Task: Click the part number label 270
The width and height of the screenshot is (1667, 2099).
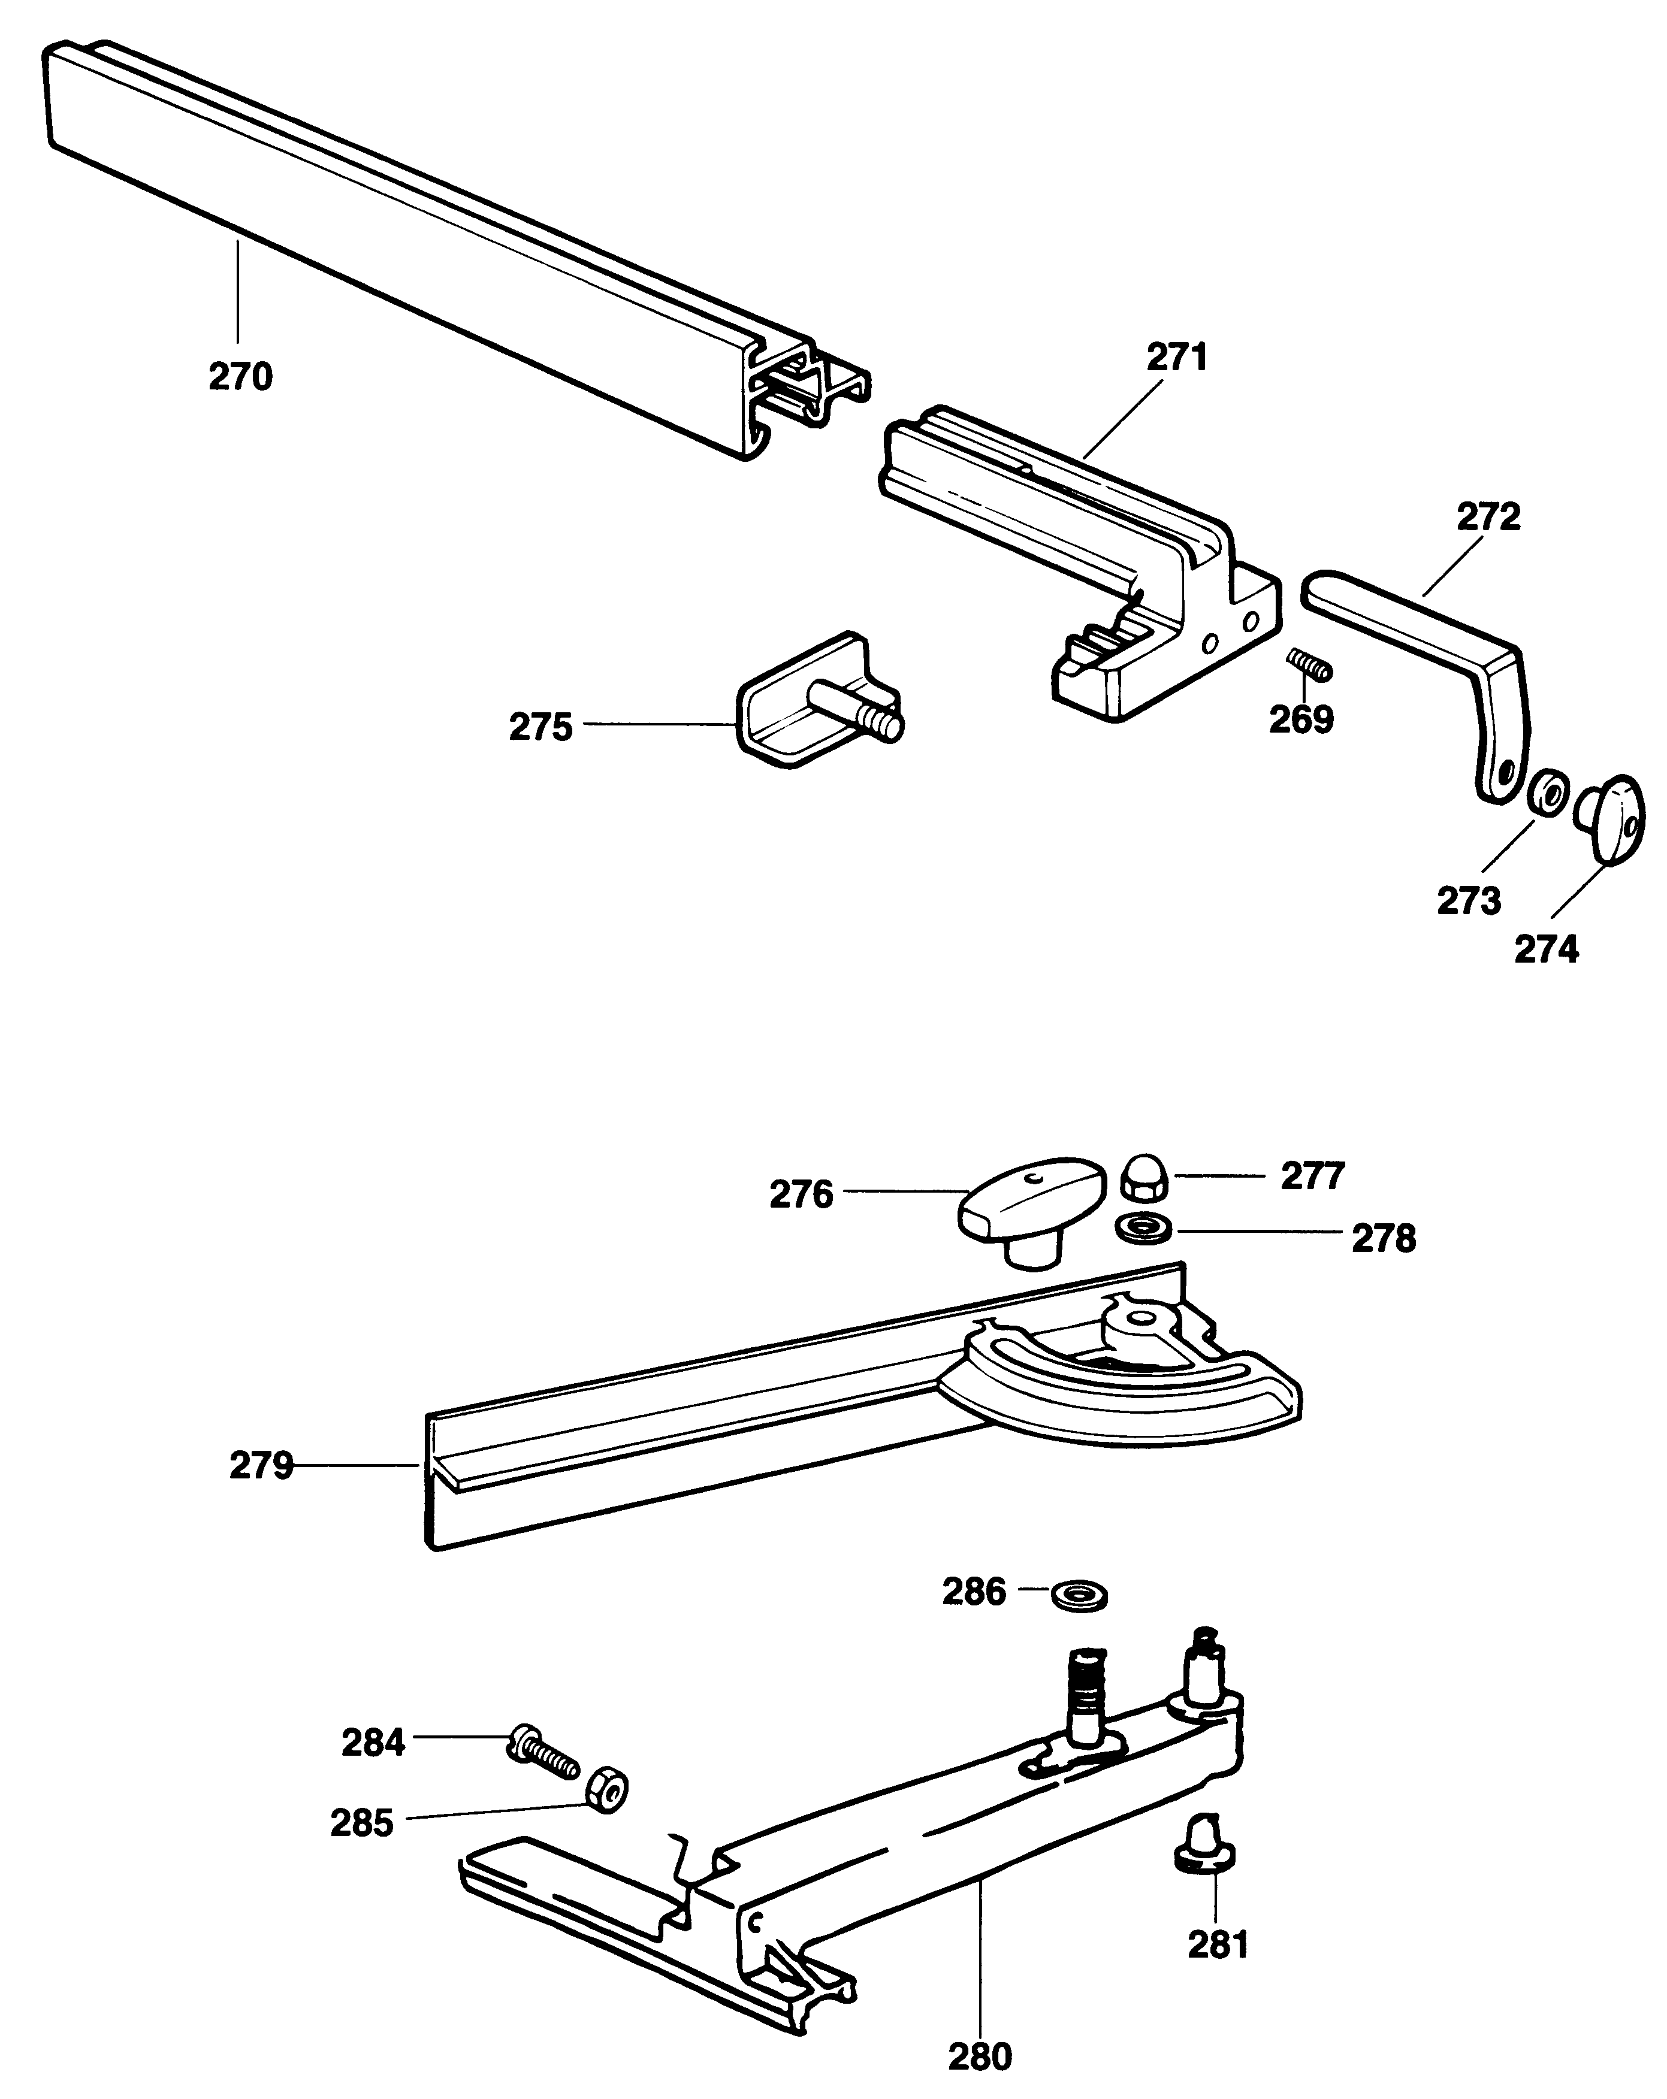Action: point(240,377)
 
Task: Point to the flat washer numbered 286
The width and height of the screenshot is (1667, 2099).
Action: point(1079,1595)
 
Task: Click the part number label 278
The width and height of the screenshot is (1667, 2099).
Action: point(1384,1238)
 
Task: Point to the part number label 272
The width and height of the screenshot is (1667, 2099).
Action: point(1489,516)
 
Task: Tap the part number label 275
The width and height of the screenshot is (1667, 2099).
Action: point(542,727)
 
